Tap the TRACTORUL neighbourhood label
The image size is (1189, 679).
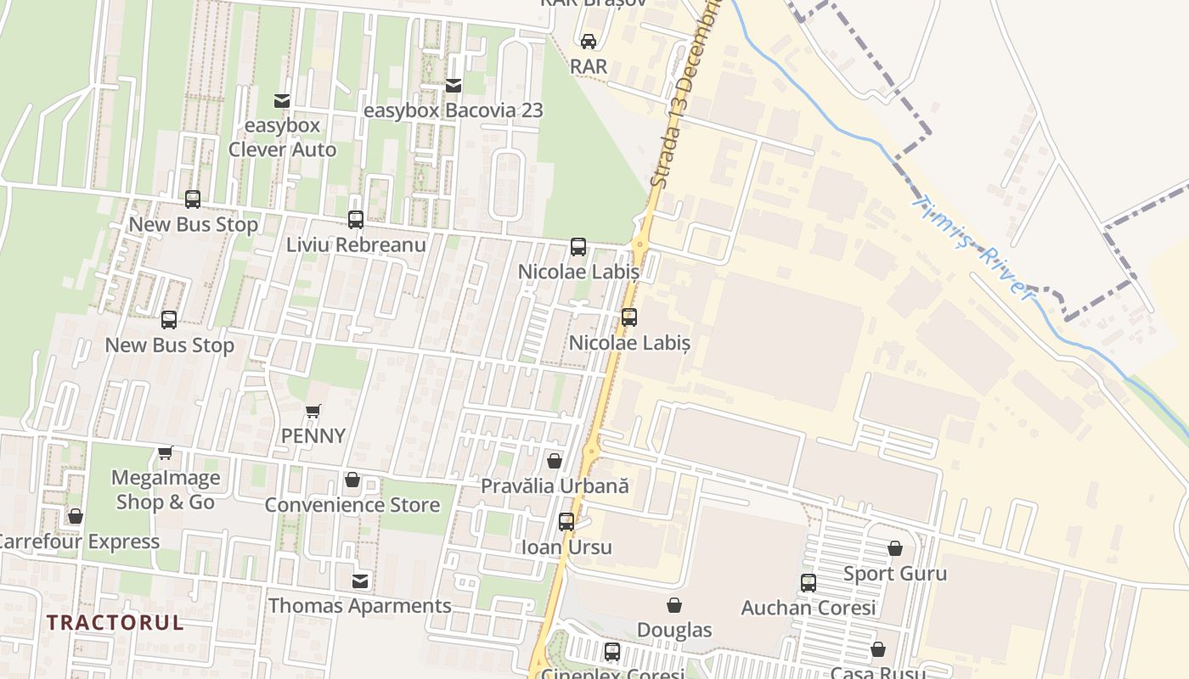coord(115,622)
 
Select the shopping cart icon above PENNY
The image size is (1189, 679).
coord(313,412)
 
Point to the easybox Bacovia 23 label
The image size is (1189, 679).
coord(453,110)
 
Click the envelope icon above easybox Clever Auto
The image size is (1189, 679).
coord(282,102)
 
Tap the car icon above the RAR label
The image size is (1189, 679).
coord(589,41)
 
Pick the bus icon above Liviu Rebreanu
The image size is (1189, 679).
coord(356,220)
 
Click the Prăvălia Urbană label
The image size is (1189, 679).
coord(555,486)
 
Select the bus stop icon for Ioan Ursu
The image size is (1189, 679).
coord(566,522)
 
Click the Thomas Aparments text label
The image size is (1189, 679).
coord(360,606)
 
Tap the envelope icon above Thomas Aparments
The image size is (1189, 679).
coord(361,581)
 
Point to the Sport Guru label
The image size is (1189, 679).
coord(895,574)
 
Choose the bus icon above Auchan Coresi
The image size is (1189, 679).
coord(809,583)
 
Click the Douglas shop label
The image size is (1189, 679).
coord(674,630)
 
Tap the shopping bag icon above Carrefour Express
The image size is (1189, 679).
coord(76,517)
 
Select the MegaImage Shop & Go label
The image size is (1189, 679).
coord(166,490)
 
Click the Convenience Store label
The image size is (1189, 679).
coord(352,505)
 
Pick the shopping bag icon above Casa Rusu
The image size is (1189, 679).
coord(878,650)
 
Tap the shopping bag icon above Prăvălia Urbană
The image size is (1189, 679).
coord(555,461)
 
